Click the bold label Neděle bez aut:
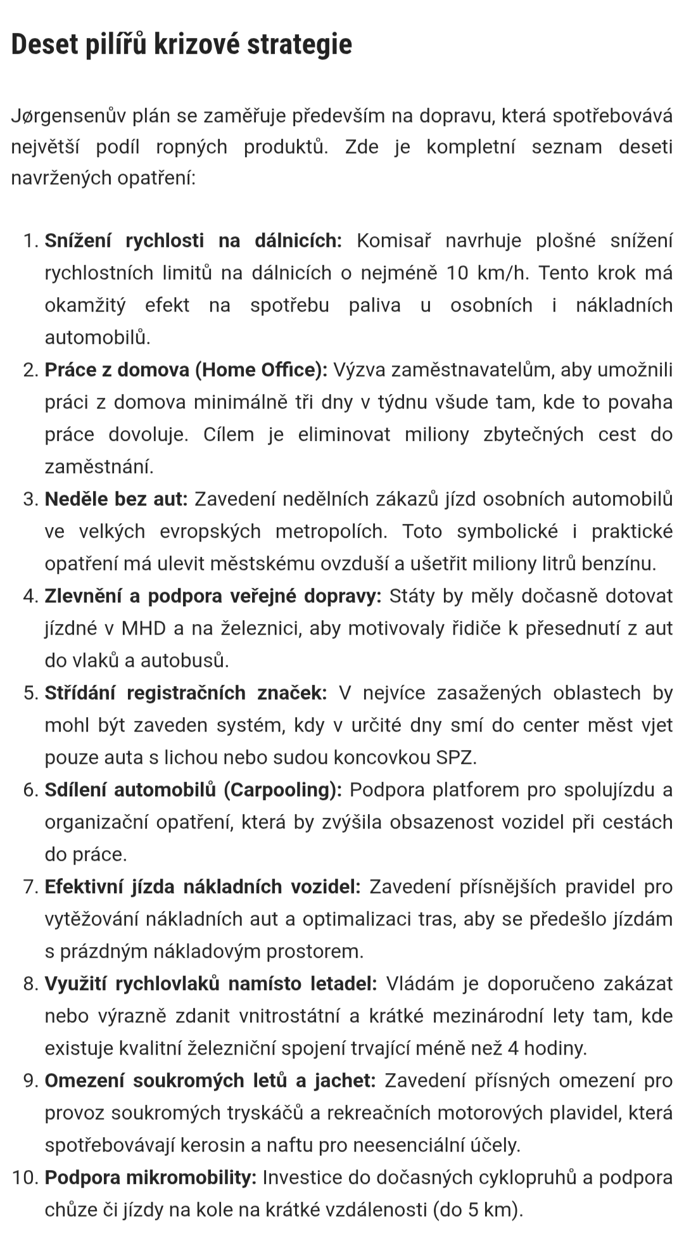click(116, 499)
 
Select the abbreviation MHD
click(144, 628)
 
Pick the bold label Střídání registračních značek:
click(186, 693)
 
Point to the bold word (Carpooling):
click(282, 790)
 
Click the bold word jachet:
click(345, 1081)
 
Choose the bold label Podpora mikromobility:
click(151, 1178)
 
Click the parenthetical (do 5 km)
click(478, 1210)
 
